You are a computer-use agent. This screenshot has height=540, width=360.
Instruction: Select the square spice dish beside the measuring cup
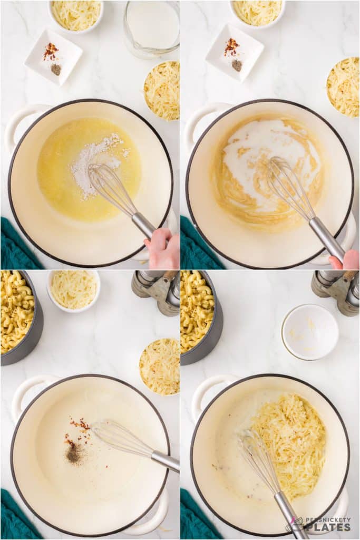[53, 56]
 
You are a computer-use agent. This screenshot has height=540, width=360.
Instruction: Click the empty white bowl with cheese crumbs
[310, 332]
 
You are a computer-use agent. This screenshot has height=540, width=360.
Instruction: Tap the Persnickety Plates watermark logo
[318, 524]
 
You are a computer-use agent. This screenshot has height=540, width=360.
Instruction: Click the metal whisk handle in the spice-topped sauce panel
[164, 460]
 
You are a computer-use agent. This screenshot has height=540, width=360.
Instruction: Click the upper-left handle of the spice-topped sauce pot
[29, 390]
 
